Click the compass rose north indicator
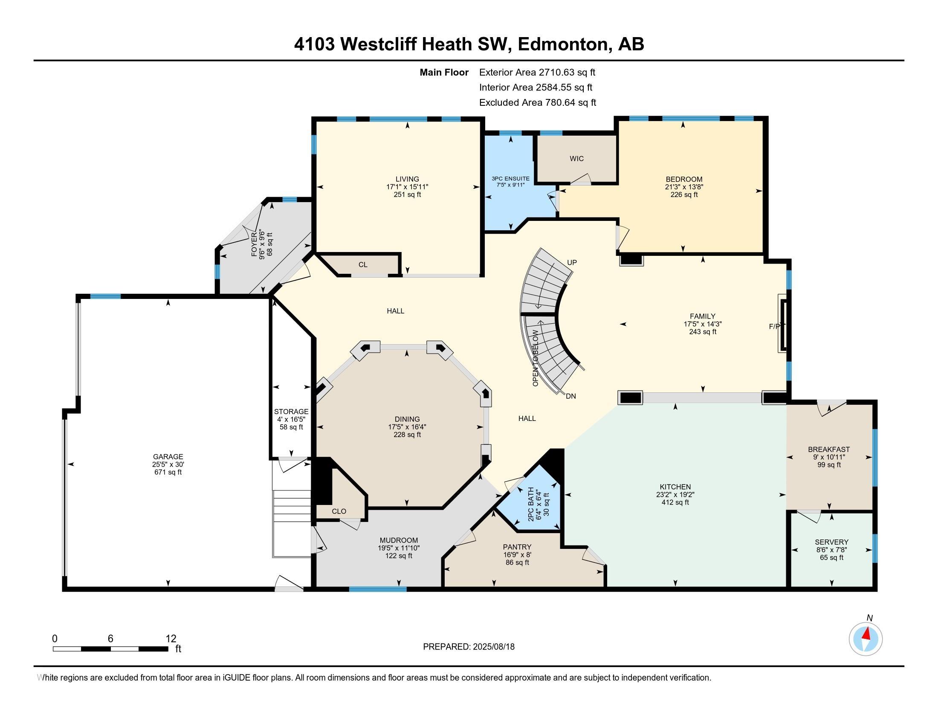(x=866, y=638)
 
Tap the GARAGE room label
(x=168, y=457)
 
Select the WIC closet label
(x=576, y=159)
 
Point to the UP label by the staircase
(x=572, y=262)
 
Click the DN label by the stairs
(x=570, y=397)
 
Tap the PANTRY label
(x=517, y=547)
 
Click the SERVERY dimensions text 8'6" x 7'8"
(x=831, y=550)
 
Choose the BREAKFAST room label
(x=829, y=449)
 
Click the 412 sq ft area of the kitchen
(x=675, y=502)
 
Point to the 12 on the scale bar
(x=171, y=639)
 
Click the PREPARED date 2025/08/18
(x=493, y=647)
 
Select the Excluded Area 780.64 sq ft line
(x=537, y=103)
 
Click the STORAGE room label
(x=291, y=412)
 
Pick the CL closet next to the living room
(x=363, y=264)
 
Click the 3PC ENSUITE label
(x=510, y=179)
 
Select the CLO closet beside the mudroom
(x=339, y=511)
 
